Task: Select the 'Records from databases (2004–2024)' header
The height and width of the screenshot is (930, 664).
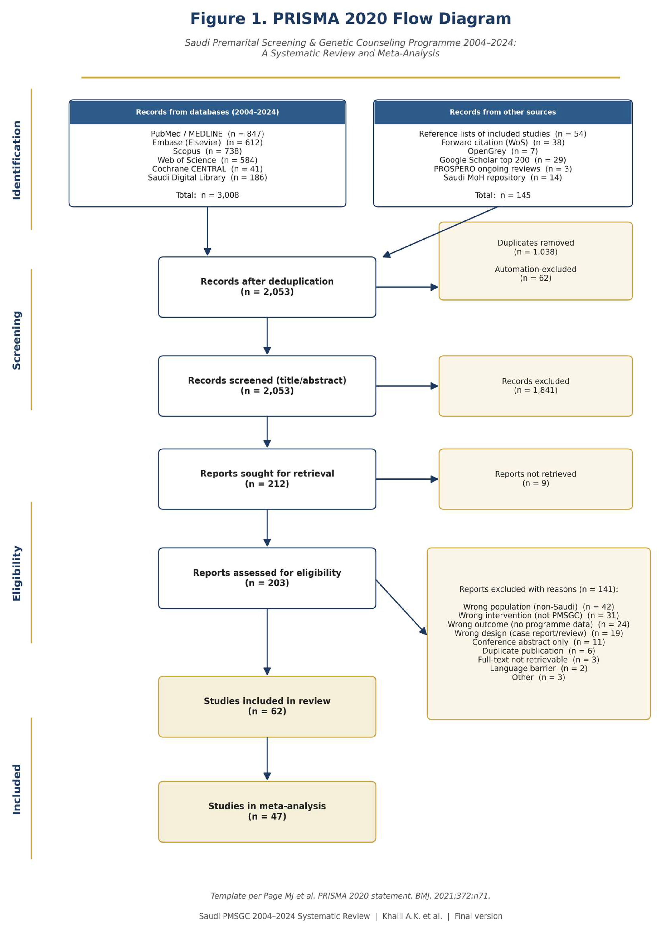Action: tap(207, 112)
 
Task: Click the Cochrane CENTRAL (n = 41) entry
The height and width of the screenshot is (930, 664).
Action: tap(207, 169)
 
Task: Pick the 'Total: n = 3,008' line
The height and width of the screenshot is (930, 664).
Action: tap(207, 195)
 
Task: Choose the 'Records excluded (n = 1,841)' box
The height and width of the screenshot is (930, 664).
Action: tap(536, 386)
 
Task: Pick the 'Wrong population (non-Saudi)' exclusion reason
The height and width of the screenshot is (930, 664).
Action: tap(539, 607)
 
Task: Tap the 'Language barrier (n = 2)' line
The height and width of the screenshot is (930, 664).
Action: tap(539, 668)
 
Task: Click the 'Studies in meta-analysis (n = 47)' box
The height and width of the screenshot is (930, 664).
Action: tap(267, 811)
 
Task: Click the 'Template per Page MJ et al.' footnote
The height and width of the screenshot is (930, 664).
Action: tap(350, 896)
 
